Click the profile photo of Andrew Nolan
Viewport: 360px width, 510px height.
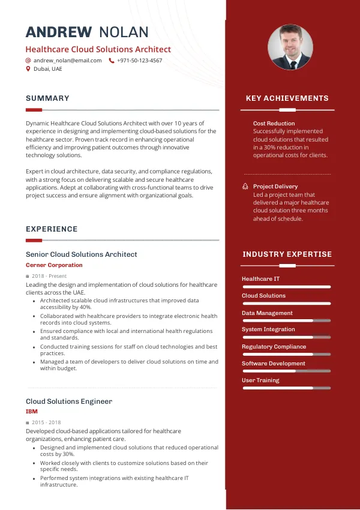coord(290,47)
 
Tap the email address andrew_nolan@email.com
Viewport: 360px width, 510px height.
coord(67,61)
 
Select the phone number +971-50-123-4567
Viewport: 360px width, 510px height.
coord(139,61)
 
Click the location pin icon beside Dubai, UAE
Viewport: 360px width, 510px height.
coord(28,69)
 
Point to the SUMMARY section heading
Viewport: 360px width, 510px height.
coord(47,98)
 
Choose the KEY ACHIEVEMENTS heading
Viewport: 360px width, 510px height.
coord(287,98)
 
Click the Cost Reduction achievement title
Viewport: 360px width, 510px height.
coord(274,124)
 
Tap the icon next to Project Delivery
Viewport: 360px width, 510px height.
coord(245,187)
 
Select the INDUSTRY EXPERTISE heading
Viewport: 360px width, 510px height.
coord(287,254)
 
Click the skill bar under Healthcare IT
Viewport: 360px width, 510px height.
coord(286,287)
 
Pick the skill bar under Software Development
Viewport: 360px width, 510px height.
coord(286,371)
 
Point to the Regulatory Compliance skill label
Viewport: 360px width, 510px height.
coord(274,347)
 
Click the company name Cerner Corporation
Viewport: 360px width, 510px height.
coord(54,265)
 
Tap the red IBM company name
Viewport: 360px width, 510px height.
coord(31,412)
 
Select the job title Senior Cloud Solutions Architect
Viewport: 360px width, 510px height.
coord(82,254)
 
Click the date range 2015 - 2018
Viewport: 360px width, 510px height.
coord(47,423)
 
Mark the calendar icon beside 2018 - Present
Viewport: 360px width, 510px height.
coord(28,276)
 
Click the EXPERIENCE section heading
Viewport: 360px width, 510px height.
coord(52,229)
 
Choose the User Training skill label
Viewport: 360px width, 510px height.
coord(260,380)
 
